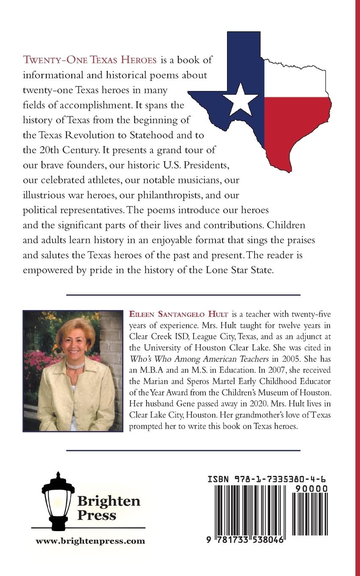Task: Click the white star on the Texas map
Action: (x=240, y=99)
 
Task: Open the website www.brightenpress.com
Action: (x=90, y=541)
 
